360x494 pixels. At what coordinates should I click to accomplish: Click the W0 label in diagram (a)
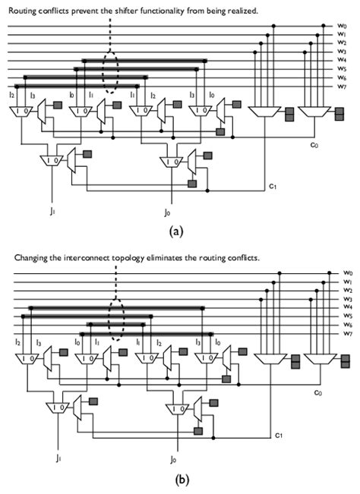point(343,27)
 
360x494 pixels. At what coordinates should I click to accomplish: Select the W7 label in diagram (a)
point(343,87)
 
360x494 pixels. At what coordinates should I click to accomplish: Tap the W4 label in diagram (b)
point(347,307)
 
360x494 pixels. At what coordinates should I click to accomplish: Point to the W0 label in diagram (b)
point(347,272)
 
